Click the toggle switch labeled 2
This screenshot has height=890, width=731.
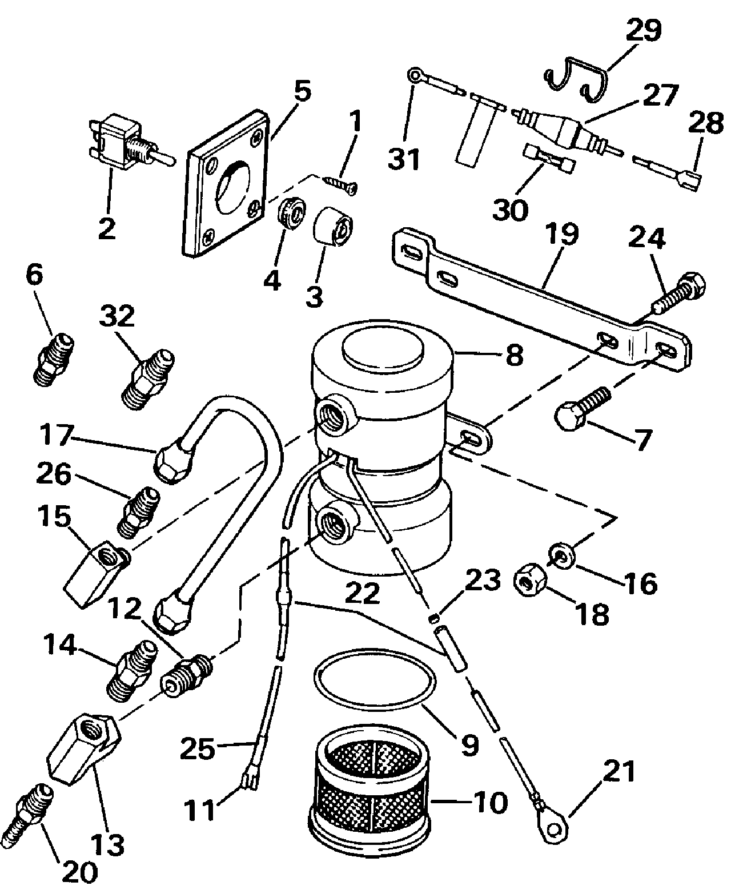tap(123, 143)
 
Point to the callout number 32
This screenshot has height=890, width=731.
tap(118, 316)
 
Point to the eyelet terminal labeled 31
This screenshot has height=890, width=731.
tap(415, 75)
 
